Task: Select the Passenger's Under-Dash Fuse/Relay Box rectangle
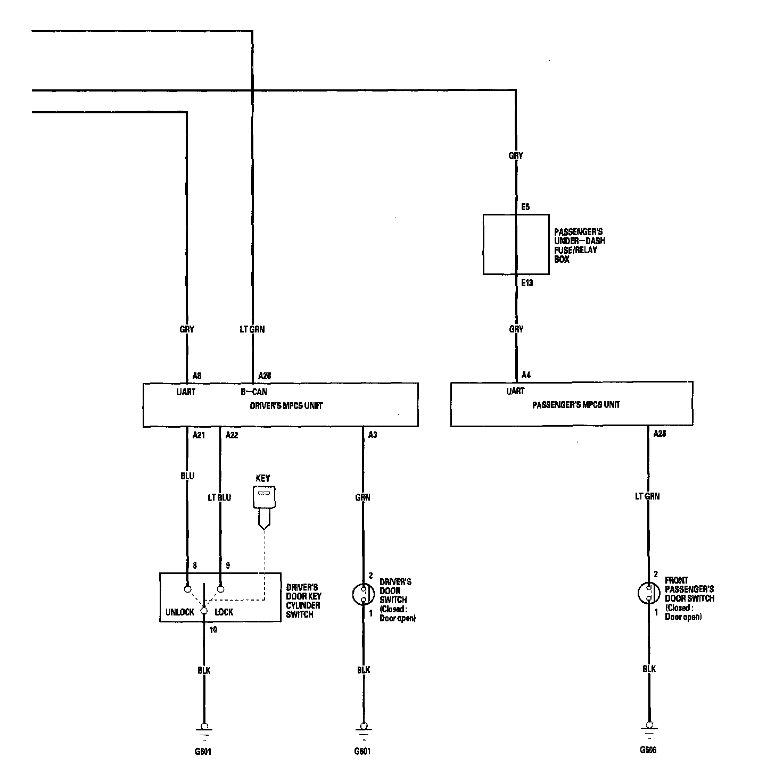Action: (516, 244)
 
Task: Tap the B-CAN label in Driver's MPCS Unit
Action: (254, 392)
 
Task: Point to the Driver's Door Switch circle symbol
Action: (364, 594)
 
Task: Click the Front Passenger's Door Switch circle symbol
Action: (649, 593)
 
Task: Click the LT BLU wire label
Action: (219, 498)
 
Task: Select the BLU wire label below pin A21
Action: (187, 476)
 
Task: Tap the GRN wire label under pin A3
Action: (363, 498)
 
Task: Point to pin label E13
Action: (526, 283)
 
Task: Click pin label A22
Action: (232, 435)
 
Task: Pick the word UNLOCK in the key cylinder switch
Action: (180, 612)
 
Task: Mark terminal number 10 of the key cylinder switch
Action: (213, 630)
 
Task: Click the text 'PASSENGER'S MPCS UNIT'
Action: (576, 405)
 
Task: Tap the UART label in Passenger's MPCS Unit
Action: (515, 392)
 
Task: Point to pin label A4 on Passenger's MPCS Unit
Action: (526, 375)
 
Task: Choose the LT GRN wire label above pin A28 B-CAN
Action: (252, 329)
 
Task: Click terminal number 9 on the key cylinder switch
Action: (228, 565)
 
